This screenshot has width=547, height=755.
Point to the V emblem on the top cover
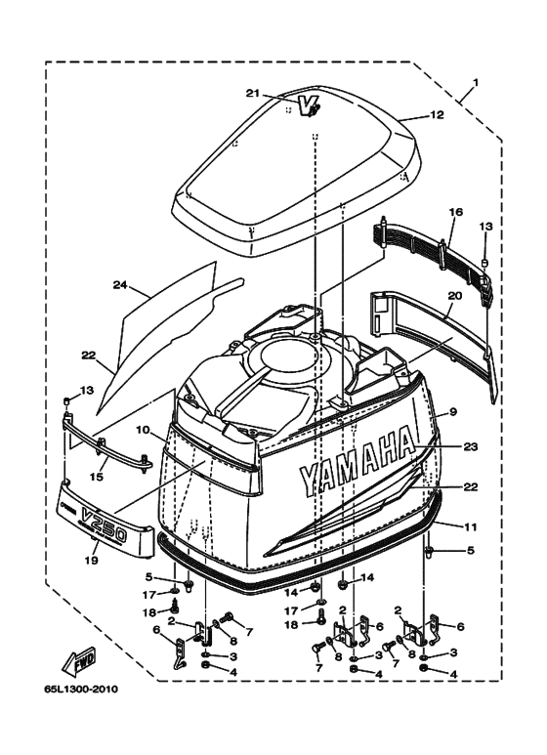tap(308, 105)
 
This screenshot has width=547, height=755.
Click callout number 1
tap(475, 83)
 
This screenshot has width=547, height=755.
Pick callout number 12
tap(437, 115)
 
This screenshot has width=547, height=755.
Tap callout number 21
tap(253, 93)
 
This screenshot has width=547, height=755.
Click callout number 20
tap(455, 296)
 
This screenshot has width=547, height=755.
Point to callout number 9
tap(453, 412)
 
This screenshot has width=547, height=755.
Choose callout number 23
tap(470, 446)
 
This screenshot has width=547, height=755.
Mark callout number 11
tap(471, 527)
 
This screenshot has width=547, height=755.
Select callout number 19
tap(92, 561)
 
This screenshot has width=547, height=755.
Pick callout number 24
tap(120, 285)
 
